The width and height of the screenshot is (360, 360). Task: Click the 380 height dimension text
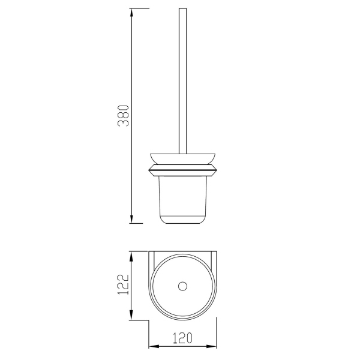click(123, 116)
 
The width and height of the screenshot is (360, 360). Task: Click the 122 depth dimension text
click(123, 284)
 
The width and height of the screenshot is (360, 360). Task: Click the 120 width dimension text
click(182, 338)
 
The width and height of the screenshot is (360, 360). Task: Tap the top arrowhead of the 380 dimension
click(131, 13)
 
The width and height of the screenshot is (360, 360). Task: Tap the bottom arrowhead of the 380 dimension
click(131, 219)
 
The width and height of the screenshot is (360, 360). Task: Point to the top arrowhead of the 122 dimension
click(131, 256)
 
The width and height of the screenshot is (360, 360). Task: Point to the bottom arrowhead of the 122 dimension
click(131, 316)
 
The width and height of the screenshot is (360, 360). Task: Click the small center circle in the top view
click(183, 286)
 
